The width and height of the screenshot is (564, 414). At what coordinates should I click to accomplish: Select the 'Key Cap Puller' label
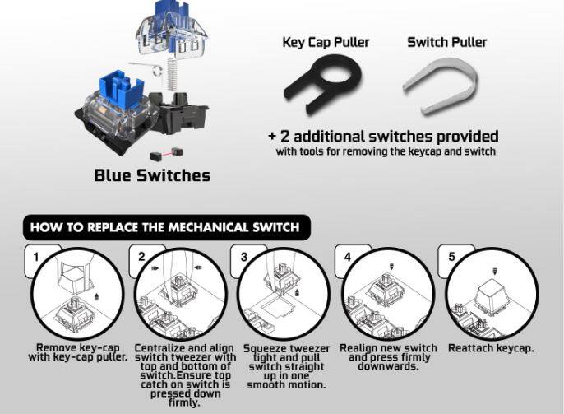tap(326, 43)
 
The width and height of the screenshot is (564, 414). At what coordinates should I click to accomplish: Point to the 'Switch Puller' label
tap(446, 43)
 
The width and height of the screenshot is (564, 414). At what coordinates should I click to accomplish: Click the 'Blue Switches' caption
tap(152, 175)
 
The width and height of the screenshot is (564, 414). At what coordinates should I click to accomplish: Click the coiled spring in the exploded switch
tap(172, 75)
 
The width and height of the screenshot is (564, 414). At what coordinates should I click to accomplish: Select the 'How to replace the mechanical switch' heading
tap(164, 227)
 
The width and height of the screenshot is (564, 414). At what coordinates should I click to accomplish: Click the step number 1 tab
tap(35, 257)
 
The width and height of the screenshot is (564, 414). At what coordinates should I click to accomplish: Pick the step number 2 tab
tap(141, 257)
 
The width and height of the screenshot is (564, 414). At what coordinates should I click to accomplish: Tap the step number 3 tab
tap(244, 257)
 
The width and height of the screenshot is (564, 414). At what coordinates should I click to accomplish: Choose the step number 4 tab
tap(348, 257)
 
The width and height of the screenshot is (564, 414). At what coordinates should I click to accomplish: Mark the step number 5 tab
tap(452, 256)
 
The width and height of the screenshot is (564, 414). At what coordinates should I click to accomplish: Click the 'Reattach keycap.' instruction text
tap(491, 348)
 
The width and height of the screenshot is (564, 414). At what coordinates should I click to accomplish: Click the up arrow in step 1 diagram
tap(96, 297)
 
